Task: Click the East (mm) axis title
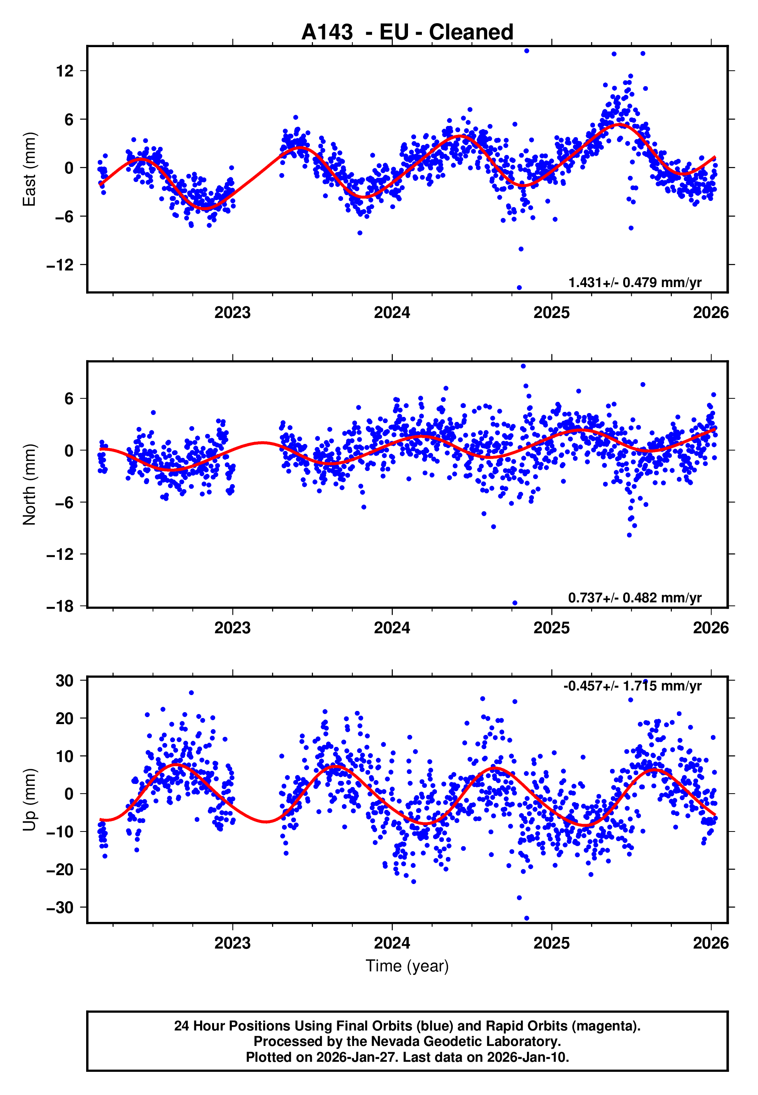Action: point(29,169)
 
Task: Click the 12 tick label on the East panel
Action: point(65,71)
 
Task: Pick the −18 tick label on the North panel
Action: point(60,606)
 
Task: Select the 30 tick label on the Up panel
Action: point(65,680)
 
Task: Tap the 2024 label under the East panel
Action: point(392,313)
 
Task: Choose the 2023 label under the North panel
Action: point(232,628)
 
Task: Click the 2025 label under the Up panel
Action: point(551,943)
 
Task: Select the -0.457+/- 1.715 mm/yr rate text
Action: point(632,686)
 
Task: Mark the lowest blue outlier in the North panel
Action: point(515,603)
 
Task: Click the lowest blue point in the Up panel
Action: point(526,918)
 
